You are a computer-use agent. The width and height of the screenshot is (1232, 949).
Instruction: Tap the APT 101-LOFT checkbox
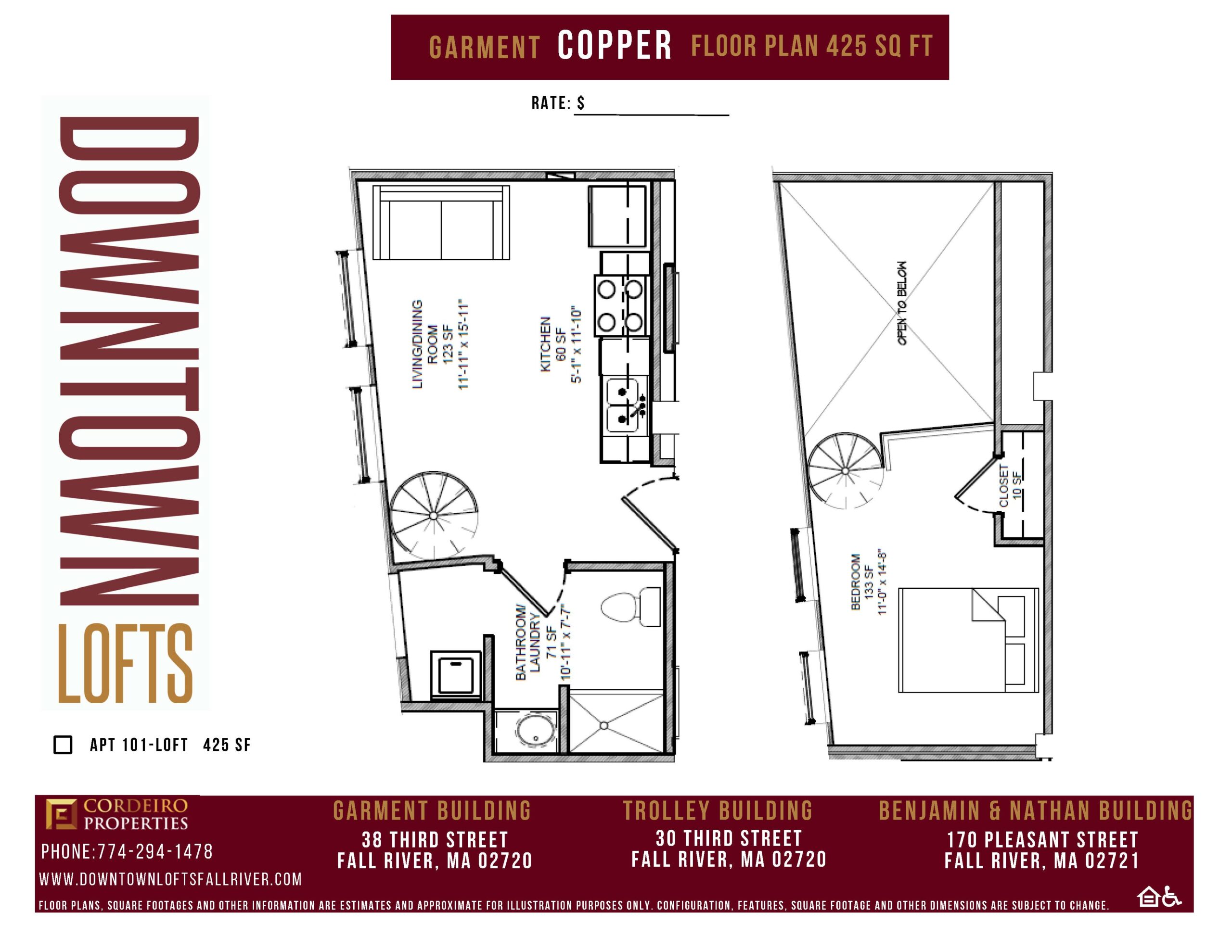pyautogui.click(x=63, y=744)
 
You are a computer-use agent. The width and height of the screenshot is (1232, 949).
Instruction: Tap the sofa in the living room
pyautogui.click(x=441, y=222)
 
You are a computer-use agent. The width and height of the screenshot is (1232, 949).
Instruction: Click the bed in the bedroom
pyautogui.click(x=968, y=640)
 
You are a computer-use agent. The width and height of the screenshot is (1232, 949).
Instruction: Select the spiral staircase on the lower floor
pyautogui.click(x=433, y=515)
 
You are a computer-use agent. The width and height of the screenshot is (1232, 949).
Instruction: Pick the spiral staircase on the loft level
pyautogui.click(x=845, y=470)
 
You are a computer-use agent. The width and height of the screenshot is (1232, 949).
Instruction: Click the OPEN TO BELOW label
pyautogui.click(x=902, y=303)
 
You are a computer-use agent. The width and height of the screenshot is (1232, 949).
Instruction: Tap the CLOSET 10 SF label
pyautogui.click(x=1010, y=485)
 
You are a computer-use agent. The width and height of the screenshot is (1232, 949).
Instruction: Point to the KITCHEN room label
pyautogui.click(x=545, y=344)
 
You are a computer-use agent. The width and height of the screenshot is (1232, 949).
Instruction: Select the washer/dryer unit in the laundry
pyautogui.click(x=456, y=675)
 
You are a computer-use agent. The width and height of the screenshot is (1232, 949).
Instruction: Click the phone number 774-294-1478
pyautogui.click(x=155, y=851)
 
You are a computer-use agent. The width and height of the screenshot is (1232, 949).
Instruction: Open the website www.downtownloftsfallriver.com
pyautogui.click(x=170, y=879)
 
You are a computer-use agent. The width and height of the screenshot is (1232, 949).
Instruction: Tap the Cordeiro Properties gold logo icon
pyautogui.click(x=62, y=814)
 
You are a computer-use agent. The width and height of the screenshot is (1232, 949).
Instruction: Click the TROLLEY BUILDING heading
pyautogui.click(x=718, y=811)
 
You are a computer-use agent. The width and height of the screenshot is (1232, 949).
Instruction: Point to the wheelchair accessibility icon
pyautogui.click(x=1172, y=897)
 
